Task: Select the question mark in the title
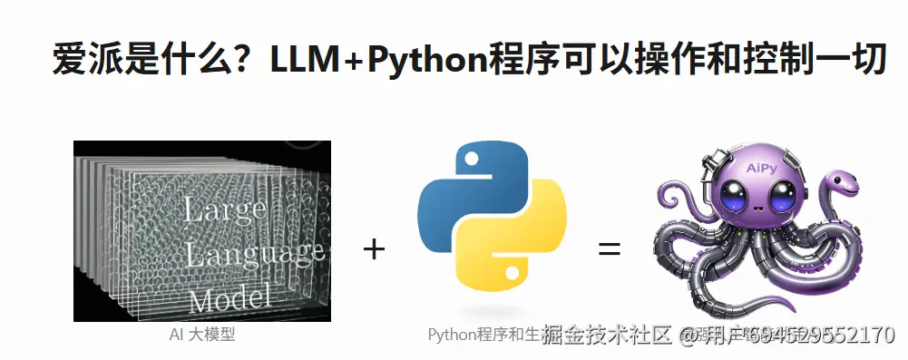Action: coord(247,61)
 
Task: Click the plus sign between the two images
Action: coord(374,248)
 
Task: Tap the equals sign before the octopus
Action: coord(609,248)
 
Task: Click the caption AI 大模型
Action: coord(201,335)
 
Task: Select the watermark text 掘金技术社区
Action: coord(606,336)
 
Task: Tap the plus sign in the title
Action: coord(348,61)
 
